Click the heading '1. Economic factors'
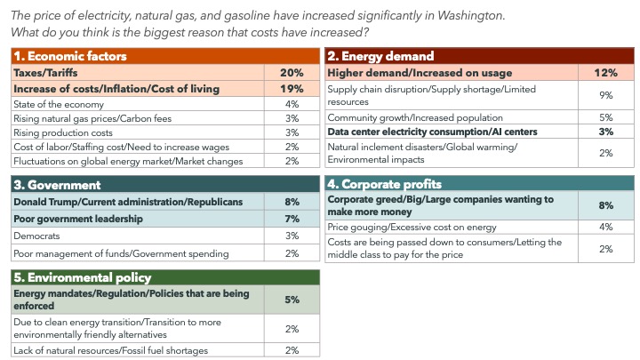(x=67, y=56)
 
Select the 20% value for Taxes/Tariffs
(x=292, y=73)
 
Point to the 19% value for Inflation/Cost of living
(x=292, y=89)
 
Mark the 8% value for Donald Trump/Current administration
(x=292, y=203)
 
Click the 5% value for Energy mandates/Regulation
(x=292, y=300)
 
